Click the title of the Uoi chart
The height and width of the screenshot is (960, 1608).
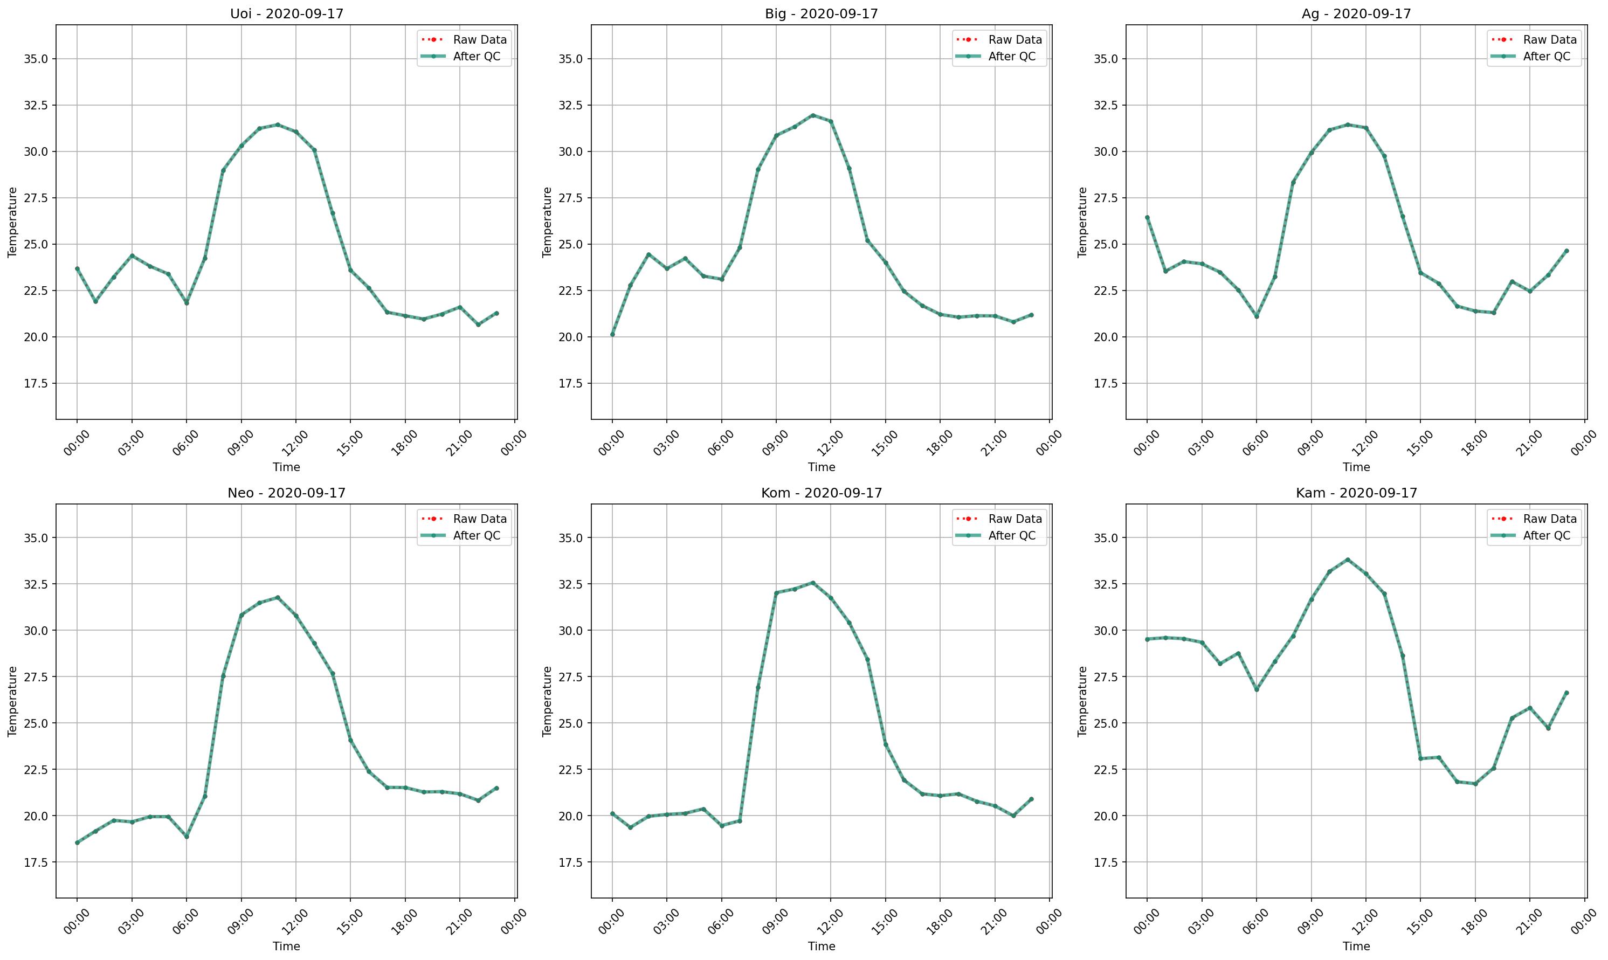[287, 13]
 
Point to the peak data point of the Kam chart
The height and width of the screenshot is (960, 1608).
[1347, 560]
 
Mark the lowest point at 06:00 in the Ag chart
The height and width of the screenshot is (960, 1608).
[1257, 316]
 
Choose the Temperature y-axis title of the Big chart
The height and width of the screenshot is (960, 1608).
[547, 222]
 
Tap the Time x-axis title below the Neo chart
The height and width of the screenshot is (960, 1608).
[287, 946]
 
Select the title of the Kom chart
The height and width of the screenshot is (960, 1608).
[822, 493]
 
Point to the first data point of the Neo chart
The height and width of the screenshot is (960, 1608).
[77, 842]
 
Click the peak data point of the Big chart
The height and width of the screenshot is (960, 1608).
[813, 115]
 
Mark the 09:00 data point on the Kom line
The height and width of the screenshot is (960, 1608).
[776, 592]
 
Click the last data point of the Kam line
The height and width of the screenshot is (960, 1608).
[1566, 693]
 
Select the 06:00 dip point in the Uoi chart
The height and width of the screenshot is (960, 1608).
[187, 303]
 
